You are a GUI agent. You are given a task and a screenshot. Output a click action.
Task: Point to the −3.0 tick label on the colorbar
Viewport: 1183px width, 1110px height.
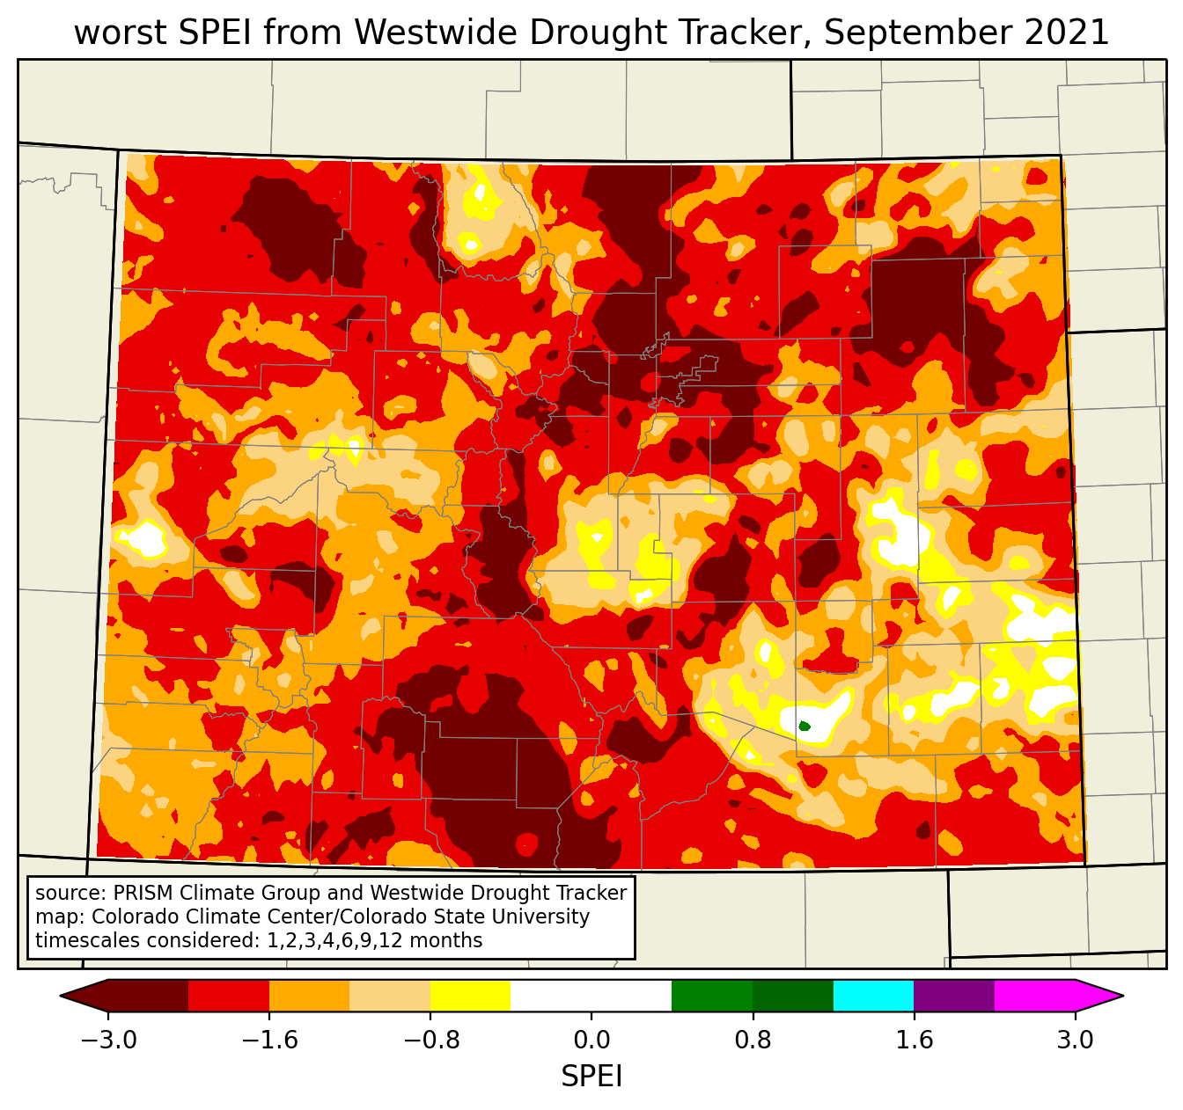tap(108, 1041)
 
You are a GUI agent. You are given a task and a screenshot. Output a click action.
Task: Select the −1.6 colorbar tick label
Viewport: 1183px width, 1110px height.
tap(269, 1041)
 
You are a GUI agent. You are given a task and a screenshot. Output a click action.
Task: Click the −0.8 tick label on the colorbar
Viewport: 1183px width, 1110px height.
tap(430, 1041)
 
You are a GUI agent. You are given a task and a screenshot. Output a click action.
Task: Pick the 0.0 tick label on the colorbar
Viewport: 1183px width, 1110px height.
tap(591, 1041)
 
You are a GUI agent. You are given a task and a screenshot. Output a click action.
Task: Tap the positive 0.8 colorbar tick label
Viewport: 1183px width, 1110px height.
tap(753, 1041)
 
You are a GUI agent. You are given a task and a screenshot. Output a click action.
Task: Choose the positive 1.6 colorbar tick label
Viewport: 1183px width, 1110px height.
tap(914, 1041)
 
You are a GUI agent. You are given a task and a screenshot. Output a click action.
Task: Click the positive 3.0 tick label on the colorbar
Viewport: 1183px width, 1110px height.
tap(1075, 1041)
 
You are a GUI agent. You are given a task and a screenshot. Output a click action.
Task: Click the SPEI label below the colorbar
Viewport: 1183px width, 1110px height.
tap(591, 1076)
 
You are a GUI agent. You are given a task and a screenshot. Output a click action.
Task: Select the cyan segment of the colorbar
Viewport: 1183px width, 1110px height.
tap(873, 996)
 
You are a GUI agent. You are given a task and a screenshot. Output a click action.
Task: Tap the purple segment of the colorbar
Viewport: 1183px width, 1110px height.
tap(954, 996)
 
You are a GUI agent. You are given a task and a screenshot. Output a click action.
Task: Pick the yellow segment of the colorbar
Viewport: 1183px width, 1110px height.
tap(470, 996)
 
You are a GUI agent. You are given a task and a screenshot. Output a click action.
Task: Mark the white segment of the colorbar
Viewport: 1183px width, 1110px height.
tap(591, 996)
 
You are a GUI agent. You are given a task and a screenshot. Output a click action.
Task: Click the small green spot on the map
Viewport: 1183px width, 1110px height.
tap(804, 726)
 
